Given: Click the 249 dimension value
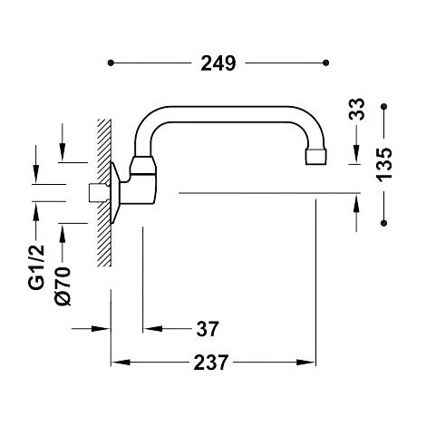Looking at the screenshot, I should click(x=218, y=63).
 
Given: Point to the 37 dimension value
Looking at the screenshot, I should click(x=208, y=327).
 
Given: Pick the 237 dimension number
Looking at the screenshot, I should click(x=216, y=361).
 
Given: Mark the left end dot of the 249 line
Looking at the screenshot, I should click(x=111, y=63).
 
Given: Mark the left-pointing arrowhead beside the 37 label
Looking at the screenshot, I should click(x=150, y=327).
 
